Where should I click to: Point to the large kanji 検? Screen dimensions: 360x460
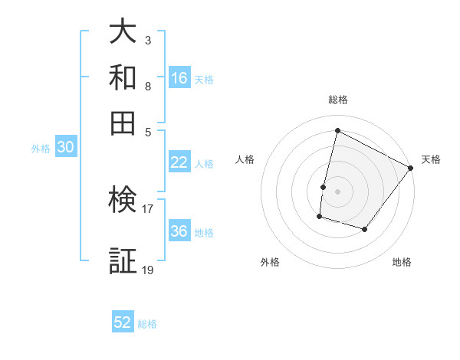(123, 201)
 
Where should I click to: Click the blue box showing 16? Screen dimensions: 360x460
(179, 78)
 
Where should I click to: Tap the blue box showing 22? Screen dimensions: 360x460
(179, 162)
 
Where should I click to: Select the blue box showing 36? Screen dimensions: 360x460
(179, 232)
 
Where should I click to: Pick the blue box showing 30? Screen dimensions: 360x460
(65, 149)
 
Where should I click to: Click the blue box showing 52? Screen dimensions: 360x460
(123, 322)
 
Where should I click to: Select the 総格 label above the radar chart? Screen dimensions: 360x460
(337, 100)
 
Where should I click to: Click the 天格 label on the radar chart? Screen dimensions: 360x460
(431, 159)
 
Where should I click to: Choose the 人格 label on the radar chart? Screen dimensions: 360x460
(245, 159)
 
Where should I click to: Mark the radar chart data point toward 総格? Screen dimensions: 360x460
(337, 131)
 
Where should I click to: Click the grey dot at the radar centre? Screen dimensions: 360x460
(337, 191)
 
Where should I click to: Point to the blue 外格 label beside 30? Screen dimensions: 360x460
(41, 149)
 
